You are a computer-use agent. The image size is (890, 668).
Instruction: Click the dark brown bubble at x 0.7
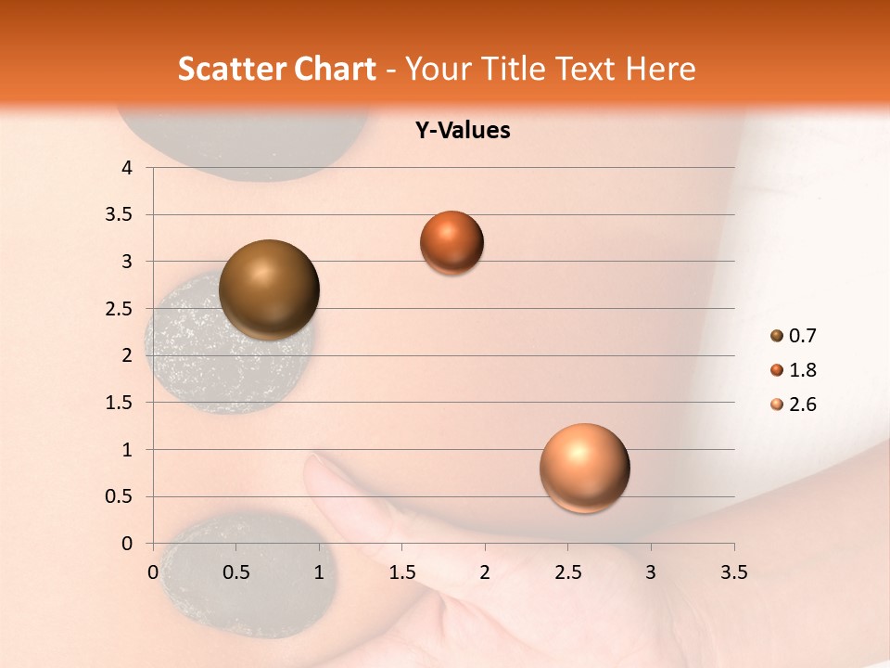click(x=270, y=289)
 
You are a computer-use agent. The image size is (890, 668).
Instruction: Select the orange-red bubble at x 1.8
click(x=451, y=242)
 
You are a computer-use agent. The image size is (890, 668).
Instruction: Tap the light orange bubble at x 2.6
click(x=584, y=468)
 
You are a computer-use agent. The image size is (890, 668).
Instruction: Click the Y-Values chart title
click(x=463, y=131)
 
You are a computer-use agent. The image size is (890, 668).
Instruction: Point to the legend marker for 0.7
click(x=777, y=336)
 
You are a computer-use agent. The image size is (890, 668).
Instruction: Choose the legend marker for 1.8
click(x=777, y=370)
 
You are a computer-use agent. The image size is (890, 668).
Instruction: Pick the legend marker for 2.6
click(x=777, y=405)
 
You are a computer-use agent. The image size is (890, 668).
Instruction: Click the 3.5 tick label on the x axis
click(x=733, y=572)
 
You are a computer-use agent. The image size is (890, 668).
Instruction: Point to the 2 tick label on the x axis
click(x=485, y=572)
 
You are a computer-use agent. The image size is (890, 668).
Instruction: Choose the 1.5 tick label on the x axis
click(x=401, y=572)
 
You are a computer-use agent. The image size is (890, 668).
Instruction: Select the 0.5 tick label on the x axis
click(x=236, y=572)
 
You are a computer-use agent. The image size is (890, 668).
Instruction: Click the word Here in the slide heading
click(x=660, y=69)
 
